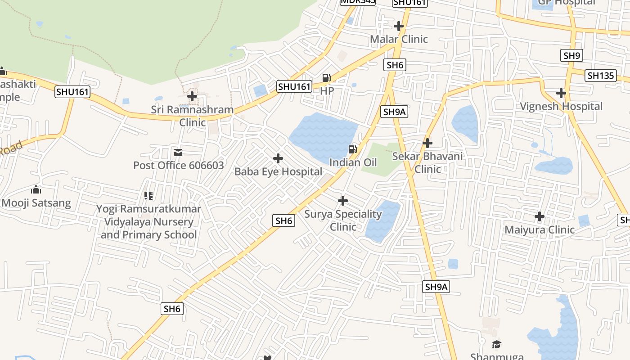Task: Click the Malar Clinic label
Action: pyautogui.click(x=399, y=39)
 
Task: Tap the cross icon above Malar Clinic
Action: pyautogui.click(x=398, y=26)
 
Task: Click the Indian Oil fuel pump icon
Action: pyautogui.click(x=353, y=149)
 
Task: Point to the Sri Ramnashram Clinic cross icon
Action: pyautogui.click(x=192, y=96)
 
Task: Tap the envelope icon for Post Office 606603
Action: pyautogui.click(x=178, y=153)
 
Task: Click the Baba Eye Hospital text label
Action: pyautogui.click(x=278, y=171)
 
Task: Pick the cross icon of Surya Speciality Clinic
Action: pyautogui.click(x=343, y=200)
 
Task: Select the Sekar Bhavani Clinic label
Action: pyautogui.click(x=427, y=162)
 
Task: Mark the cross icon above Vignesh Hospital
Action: pyautogui.click(x=561, y=93)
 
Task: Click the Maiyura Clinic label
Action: pyautogui.click(x=539, y=230)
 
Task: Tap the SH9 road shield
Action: pyautogui.click(x=571, y=56)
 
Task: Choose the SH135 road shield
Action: pyautogui.click(x=601, y=76)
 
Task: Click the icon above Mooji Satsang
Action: pyautogui.click(x=36, y=190)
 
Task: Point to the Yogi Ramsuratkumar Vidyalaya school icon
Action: pyautogui.click(x=148, y=196)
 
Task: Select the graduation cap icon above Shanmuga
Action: pyautogui.click(x=496, y=345)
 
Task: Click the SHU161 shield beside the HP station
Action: pyautogui.click(x=294, y=86)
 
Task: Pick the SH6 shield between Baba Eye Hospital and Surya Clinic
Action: pyautogui.click(x=284, y=220)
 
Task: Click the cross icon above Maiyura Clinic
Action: pyautogui.click(x=539, y=216)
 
